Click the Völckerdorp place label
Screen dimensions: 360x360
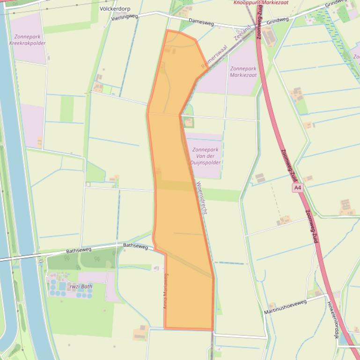tap(115, 9)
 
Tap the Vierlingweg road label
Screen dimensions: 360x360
tap(125, 17)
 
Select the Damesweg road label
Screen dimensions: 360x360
tap(201, 22)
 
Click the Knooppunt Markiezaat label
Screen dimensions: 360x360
tap(261, 2)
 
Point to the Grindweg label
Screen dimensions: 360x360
tap(278, 21)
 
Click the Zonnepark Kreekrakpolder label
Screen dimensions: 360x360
tap(27, 40)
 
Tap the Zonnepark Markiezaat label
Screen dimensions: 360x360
tap(243, 72)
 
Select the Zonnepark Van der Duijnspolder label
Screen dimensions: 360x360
tap(205, 156)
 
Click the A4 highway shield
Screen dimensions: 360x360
tap(297, 188)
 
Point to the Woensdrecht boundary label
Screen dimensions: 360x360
tap(202, 198)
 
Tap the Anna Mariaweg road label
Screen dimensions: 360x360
tap(165, 291)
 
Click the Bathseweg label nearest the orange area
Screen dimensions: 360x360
tap(135, 245)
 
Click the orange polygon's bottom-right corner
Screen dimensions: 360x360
tap(213, 330)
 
